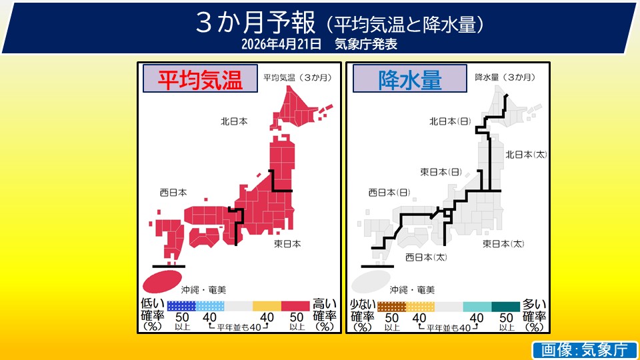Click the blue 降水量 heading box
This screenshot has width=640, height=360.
point(410,79)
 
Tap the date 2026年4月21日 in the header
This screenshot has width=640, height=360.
point(283,44)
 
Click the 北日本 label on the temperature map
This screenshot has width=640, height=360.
point(234,121)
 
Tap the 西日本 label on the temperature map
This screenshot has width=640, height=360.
point(173,192)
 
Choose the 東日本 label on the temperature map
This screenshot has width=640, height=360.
point(287,244)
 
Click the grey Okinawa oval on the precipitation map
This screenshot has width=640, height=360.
point(371,280)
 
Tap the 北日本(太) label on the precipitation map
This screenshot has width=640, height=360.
point(526,155)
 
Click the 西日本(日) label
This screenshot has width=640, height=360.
point(389,193)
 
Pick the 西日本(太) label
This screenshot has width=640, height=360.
point(426,257)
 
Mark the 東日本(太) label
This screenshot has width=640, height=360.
point(503,244)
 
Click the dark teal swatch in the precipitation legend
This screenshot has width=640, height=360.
point(505,307)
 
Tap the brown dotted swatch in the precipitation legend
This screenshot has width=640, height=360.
point(391,307)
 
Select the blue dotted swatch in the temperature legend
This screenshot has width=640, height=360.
point(181,307)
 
